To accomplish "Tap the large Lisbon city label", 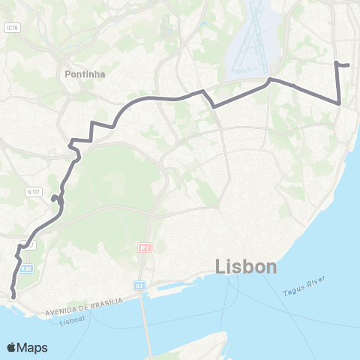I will pos(246,266).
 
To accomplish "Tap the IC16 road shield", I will pos(10,27).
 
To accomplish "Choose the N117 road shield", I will pos(33,192).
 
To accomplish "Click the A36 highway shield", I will pos(27,268).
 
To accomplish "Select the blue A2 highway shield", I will pos(139,285).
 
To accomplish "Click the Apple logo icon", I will pos(11,347).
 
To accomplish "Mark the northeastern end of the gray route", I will pos(349,65).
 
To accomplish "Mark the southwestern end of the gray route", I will pos(12,295).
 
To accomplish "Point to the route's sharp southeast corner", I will pos(340,103).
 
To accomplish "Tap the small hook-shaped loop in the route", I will pos(55,199).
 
